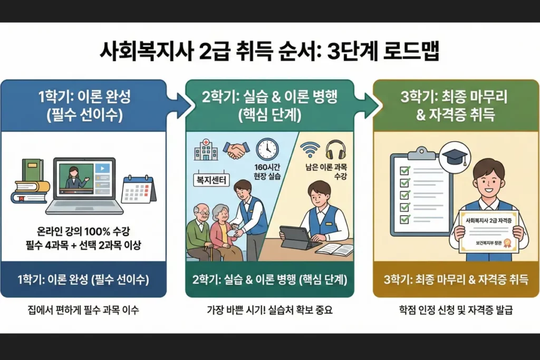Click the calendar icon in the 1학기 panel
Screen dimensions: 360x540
click(138, 189)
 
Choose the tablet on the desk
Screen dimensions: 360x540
click(295, 237)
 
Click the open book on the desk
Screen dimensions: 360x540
click(334, 249)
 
